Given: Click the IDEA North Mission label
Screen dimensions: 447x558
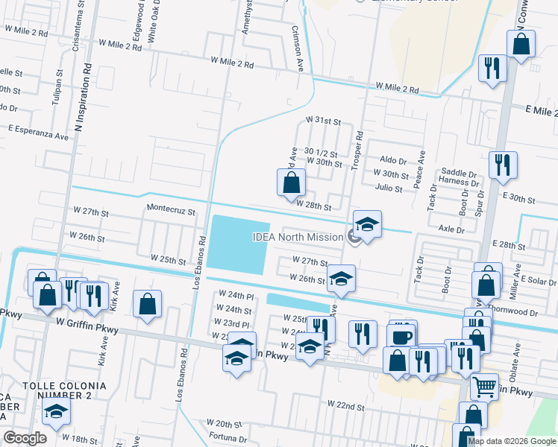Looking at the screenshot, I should tap(298, 237).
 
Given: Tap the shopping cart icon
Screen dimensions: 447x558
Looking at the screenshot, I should tap(485, 387).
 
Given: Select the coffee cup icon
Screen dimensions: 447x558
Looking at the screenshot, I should tap(401, 336).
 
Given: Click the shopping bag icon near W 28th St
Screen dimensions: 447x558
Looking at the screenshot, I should tap(291, 183).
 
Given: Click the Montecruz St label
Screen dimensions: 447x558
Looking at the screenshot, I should tap(171, 211).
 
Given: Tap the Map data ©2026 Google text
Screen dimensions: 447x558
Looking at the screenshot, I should tap(512, 441).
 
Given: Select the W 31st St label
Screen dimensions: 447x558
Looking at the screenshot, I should tap(323, 120).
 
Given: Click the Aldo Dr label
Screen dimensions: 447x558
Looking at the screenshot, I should tap(393, 160).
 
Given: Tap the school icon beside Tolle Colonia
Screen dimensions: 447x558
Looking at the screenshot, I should tap(55, 410).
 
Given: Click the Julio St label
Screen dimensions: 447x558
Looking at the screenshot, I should tap(389, 188).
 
